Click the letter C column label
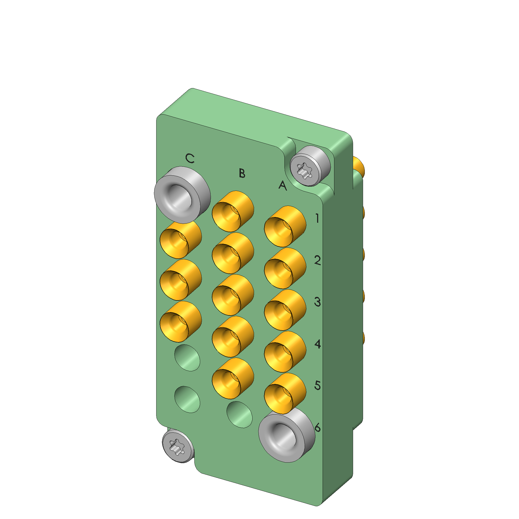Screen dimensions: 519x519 [x=190, y=158]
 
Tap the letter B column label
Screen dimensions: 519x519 [x=242, y=173]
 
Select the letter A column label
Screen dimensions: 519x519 [x=283, y=185]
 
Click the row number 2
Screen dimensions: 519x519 [x=318, y=260]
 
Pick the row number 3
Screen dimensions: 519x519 [x=318, y=302]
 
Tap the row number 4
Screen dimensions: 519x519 [x=318, y=344]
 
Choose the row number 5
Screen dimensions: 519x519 [x=318, y=386]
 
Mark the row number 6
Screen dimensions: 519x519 [x=318, y=427]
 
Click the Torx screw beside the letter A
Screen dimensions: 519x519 [x=310, y=166]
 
